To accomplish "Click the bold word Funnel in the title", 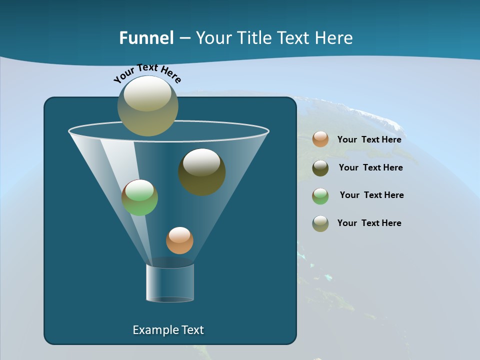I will [x=146, y=38].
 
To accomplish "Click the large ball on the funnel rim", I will [x=147, y=106].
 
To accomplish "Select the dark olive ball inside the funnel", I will [x=201, y=172].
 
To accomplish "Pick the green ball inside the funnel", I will [x=139, y=197].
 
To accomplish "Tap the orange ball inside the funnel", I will [x=179, y=240].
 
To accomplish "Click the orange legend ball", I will [x=320, y=139].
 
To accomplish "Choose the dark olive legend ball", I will [x=320, y=168].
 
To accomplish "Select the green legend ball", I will [x=320, y=196].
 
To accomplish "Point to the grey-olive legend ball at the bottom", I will [x=320, y=223].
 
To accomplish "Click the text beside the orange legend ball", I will [x=369, y=139].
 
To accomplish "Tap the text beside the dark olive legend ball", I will [x=370, y=167].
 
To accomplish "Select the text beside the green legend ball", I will [x=371, y=195].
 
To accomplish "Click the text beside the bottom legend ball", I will [x=369, y=223].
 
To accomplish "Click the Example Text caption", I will [x=168, y=330].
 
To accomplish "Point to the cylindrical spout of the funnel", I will [x=169, y=283].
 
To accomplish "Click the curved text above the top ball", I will [x=147, y=73].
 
